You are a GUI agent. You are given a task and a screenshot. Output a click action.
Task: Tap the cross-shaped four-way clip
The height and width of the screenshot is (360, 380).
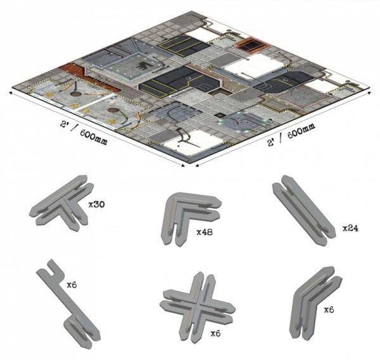click(198, 307)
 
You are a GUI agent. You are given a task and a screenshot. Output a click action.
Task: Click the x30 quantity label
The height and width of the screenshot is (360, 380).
click(96, 205)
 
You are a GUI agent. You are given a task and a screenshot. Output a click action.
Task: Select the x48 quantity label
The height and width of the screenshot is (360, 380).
click(205, 232)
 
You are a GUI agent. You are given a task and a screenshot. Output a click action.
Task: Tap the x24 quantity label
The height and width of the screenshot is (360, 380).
click(350, 228)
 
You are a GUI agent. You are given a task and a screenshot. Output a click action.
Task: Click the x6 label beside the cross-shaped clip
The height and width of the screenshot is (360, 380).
click(216, 333)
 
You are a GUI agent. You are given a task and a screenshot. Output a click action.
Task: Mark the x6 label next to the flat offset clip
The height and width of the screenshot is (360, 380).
click(72, 285)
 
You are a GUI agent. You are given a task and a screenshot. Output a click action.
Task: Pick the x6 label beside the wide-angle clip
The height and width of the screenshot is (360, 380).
click(329, 309)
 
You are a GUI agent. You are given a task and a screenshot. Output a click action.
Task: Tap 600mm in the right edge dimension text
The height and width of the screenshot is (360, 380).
click(301, 130)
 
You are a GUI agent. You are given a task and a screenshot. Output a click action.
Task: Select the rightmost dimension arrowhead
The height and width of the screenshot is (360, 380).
click(369, 93)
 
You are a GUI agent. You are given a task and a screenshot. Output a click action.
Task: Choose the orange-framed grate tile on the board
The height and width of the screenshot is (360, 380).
click(252, 46)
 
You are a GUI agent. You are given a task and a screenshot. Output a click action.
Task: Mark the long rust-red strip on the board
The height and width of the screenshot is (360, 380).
click(90, 77)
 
